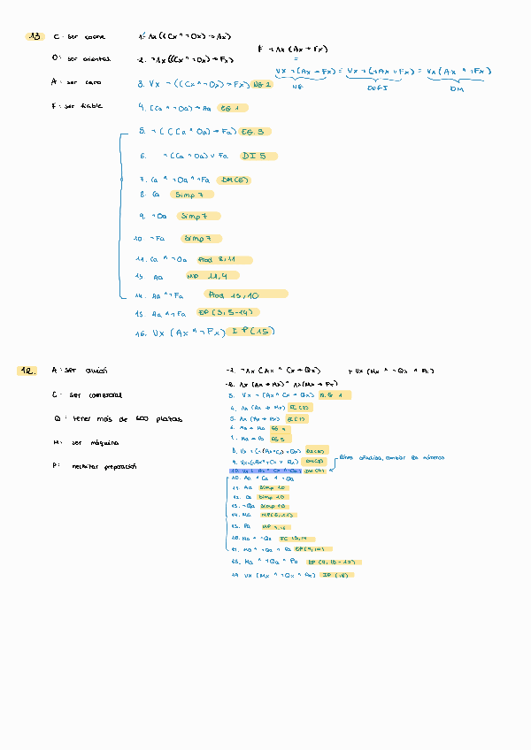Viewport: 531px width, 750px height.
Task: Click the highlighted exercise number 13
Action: pos(36,36)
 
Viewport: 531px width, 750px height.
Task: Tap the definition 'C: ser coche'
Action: pos(81,37)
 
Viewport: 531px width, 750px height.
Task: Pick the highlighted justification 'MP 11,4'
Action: pos(221,277)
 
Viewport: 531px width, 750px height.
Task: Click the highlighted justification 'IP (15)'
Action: pos(250,331)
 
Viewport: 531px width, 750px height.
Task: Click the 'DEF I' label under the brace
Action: pos(380,88)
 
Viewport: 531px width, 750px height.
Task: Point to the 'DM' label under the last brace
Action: pos(458,88)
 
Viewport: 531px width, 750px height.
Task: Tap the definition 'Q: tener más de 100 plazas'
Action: pos(117,418)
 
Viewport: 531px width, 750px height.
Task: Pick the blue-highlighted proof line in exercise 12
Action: pos(278,471)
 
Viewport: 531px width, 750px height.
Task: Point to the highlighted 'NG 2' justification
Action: pos(262,84)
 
